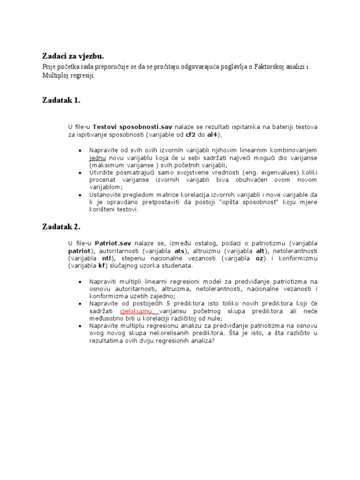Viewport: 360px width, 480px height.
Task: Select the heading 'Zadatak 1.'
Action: pyautogui.click(x=61, y=100)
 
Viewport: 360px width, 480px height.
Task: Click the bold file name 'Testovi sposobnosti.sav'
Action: pyautogui.click(x=133, y=127)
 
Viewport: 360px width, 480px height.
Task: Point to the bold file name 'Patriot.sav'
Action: pyautogui.click(x=113, y=244)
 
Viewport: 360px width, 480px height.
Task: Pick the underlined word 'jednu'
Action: pyautogui.click(x=98, y=158)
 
